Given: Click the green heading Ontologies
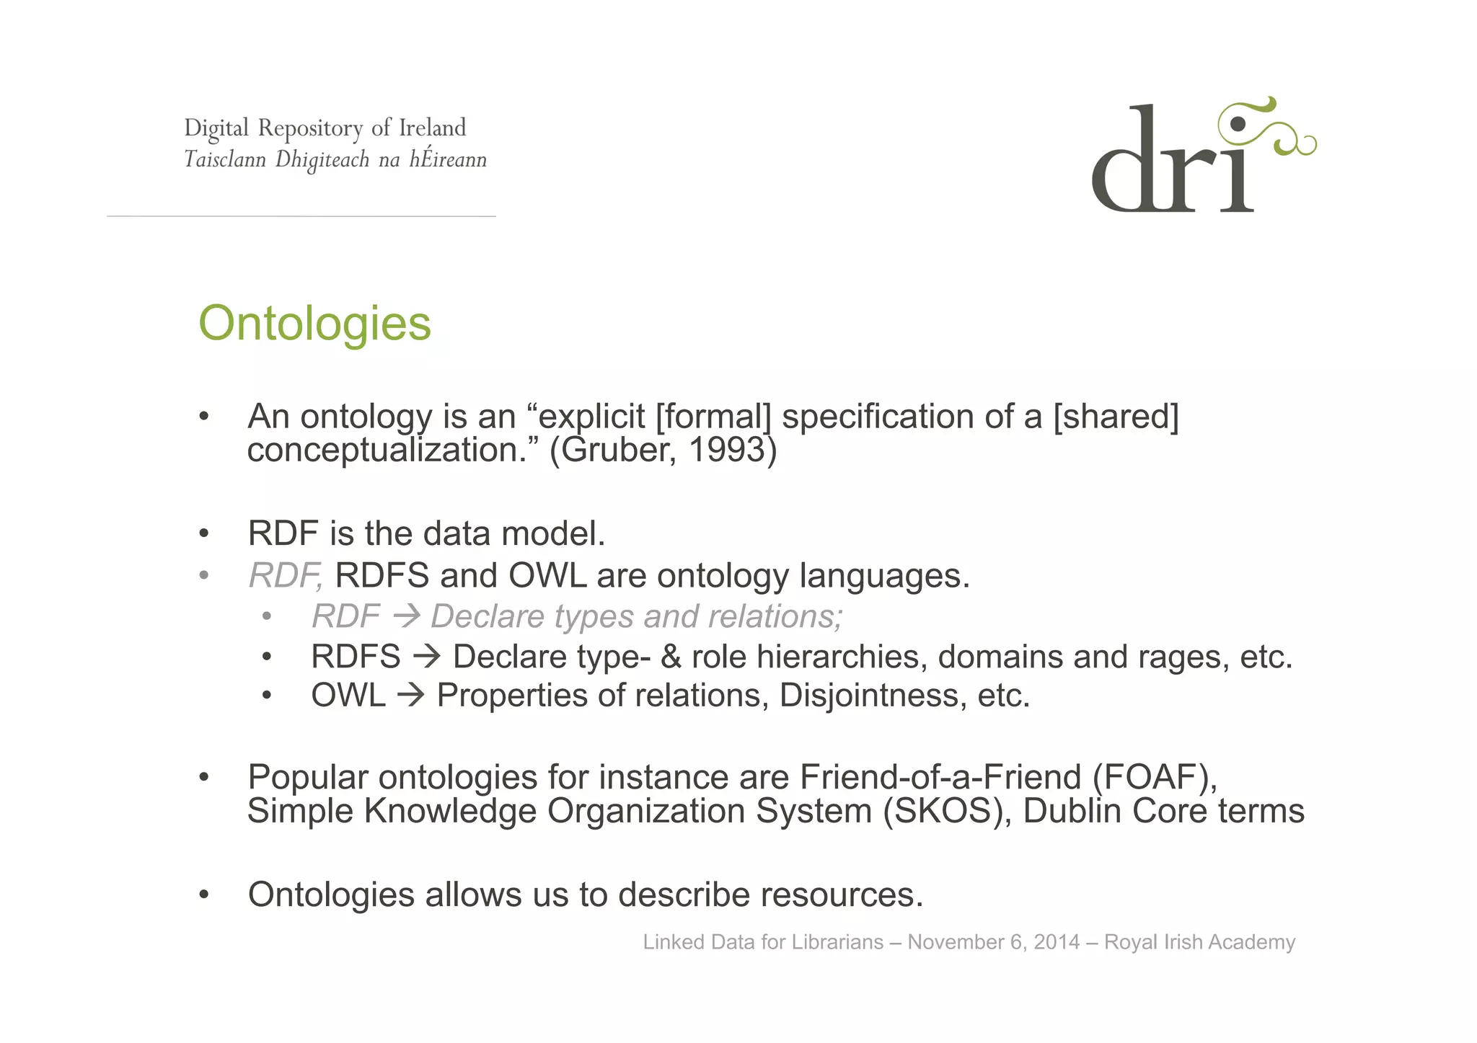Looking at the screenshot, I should coord(314,324).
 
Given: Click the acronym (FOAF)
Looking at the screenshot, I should coord(1154,777).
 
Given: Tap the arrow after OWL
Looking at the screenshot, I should coord(411,696).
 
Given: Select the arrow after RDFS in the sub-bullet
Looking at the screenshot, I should coord(426,657).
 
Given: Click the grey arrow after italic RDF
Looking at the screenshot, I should coord(407,616).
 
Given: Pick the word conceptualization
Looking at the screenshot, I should coord(393,451).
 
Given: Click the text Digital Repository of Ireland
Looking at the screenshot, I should coord(325,128).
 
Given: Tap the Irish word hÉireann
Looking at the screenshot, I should coord(448,159).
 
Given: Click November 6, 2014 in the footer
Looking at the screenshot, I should coord(993,942).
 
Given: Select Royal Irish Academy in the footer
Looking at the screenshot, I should coord(1199,942).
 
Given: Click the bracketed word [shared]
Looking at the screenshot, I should coord(1116,417).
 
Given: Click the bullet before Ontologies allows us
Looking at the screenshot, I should coord(204,895).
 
